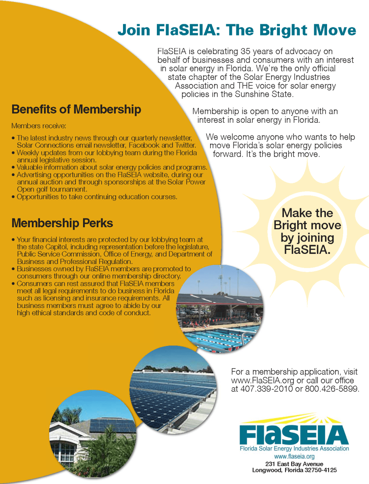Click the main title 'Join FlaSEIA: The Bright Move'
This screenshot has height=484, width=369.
click(x=236, y=30)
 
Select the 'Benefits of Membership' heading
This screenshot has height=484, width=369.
click(x=76, y=109)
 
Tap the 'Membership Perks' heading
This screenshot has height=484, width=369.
click(x=62, y=223)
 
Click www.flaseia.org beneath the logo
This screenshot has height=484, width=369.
click(x=294, y=457)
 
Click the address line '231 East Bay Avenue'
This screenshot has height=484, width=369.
click(x=294, y=464)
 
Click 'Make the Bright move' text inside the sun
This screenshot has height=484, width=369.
click(x=307, y=219)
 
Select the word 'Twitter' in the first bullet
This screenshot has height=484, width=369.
click(x=186, y=145)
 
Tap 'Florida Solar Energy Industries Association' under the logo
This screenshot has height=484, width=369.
click(x=294, y=449)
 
